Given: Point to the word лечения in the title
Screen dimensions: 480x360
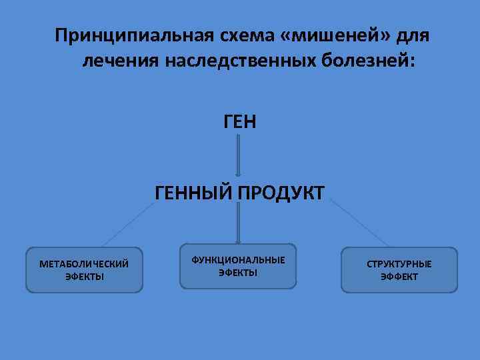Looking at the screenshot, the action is pos(120,61).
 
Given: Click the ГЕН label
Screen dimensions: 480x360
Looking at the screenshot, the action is pos(239,121).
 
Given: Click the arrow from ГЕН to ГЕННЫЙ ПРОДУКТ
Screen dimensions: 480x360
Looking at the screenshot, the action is pos(239,155).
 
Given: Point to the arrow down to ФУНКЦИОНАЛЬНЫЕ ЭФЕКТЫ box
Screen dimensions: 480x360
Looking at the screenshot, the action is pos(239,223).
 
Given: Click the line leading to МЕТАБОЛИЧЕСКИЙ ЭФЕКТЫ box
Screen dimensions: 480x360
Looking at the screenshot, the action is pos(127,225).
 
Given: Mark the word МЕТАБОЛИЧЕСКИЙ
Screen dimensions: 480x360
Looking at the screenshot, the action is pos(84,264).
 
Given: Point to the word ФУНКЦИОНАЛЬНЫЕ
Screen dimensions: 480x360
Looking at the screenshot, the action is pos(238,259).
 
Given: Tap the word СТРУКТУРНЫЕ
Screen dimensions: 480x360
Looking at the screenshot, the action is pos(399,264).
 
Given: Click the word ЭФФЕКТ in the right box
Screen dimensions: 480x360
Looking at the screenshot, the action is pos(399,277).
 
